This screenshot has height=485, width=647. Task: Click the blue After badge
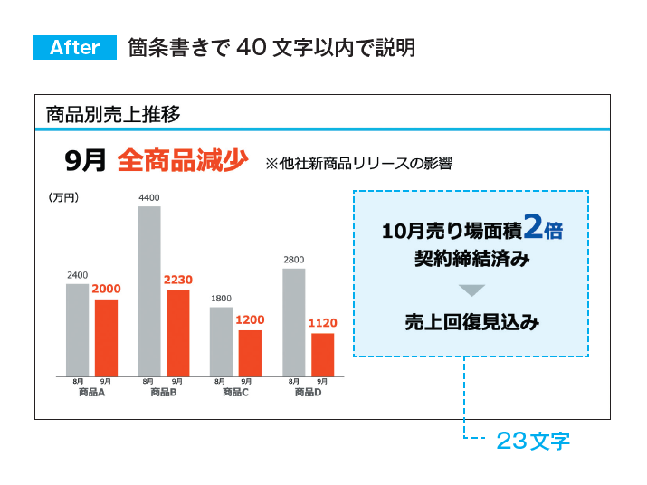(75, 48)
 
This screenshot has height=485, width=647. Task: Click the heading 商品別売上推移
(113, 114)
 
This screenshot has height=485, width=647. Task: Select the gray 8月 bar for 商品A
(77, 329)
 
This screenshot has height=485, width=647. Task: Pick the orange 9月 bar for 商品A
(106, 338)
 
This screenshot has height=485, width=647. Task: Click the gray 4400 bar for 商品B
(149, 290)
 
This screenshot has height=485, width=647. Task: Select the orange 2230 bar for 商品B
(178, 333)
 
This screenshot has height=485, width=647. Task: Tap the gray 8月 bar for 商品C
(221, 341)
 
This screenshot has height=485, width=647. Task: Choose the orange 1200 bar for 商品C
(250, 353)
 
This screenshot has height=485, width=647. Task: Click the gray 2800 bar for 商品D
(293, 321)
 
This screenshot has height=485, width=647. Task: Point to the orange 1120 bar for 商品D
(322, 355)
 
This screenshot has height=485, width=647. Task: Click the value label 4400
(149, 197)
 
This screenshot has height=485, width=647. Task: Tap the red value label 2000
(106, 289)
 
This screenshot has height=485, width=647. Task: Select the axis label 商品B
(164, 393)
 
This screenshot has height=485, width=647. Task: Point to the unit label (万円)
(64, 196)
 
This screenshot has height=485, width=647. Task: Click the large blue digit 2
(533, 227)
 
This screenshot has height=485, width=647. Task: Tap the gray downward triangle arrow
(471, 290)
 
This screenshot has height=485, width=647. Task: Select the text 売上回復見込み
(471, 321)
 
